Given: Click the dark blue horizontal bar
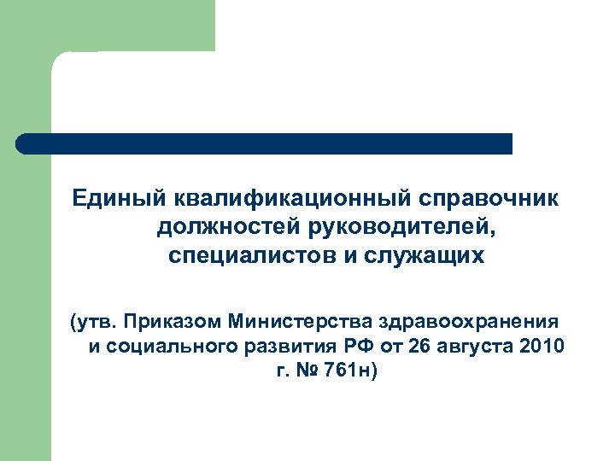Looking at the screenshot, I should (x=265, y=143).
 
